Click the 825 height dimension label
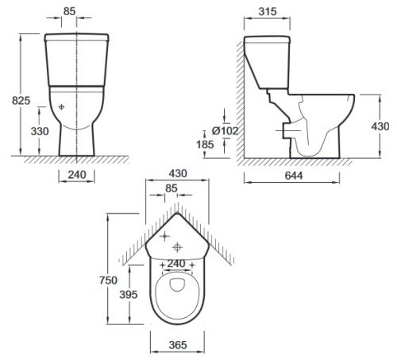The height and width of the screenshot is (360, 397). (21, 101)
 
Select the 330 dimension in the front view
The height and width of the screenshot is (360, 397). (40, 131)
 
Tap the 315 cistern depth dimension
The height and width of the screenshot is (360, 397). (268, 11)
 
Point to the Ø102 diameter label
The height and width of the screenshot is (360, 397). (225, 130)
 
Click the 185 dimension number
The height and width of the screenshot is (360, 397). (205, 145)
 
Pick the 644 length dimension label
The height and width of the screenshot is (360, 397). (294, 176)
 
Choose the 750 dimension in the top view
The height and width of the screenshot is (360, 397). (108, 281)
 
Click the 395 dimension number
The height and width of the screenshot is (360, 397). (129, 295)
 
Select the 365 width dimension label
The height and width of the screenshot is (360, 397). (178, 345)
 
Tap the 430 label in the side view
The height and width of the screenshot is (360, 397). (380, 126)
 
